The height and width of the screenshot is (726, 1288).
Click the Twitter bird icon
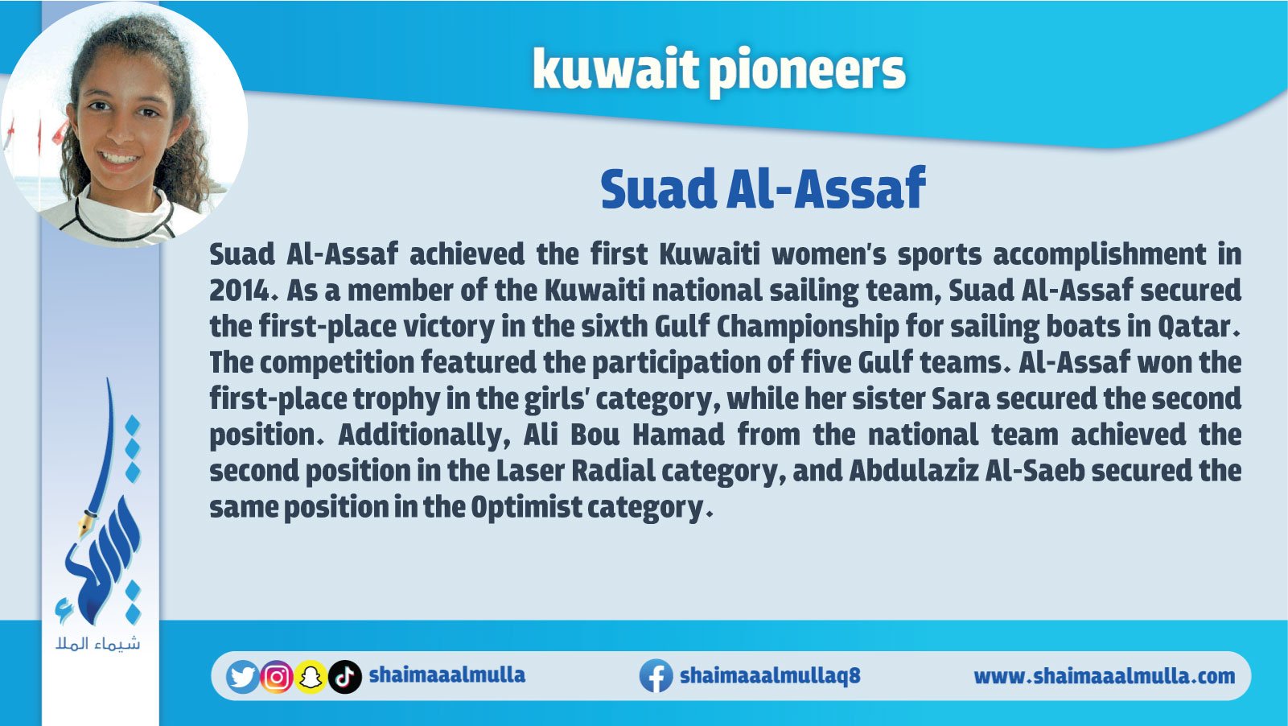click(243, 677)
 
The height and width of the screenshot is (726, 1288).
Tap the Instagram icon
click(277, 677)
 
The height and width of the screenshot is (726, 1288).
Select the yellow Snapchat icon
click(311, 677)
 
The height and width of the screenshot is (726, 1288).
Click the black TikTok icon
click(345, 677)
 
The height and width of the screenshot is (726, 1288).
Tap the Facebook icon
click(656, 676)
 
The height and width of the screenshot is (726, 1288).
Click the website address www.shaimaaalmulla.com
click(1104, 676)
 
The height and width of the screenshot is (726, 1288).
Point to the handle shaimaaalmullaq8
click(770, 675)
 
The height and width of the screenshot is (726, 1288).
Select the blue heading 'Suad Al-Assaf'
click(763, 188)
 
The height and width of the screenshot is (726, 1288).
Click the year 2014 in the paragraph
click(239, 291)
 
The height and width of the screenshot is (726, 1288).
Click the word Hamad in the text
click(678, 435)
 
